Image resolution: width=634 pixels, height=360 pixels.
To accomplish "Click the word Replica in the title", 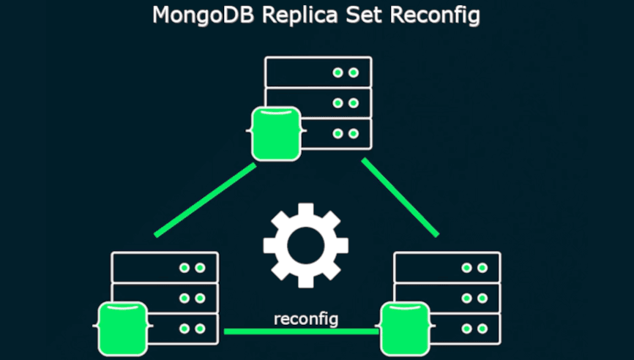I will [288, 15].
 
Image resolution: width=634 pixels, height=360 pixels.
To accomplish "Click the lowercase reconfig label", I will [306, 319].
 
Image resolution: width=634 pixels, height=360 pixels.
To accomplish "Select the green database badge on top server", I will [276, 134].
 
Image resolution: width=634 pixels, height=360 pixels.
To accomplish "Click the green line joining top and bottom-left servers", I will [206, 200].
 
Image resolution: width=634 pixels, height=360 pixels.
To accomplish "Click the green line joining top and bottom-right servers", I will [400, 197].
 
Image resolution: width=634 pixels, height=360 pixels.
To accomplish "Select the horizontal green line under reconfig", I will [301, 331].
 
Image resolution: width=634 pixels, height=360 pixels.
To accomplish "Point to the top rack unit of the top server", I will [318, 72].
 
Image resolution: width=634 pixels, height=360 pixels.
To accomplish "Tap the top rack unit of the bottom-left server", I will [165, 267].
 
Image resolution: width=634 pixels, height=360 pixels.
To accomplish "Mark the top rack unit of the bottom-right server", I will [447, 267].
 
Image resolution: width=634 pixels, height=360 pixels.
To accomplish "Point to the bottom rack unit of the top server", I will [337, 133].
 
